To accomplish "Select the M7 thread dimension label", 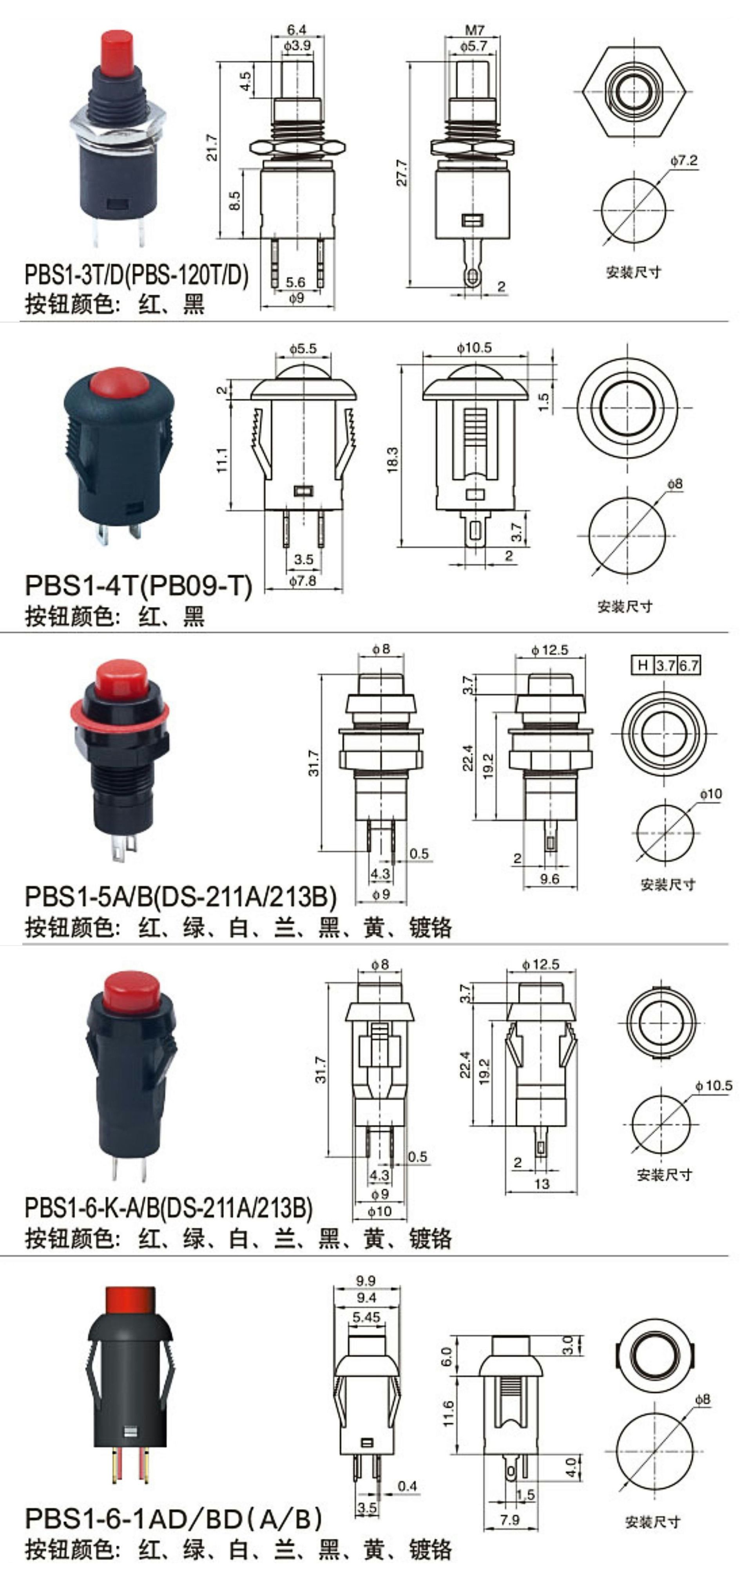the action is (x=475, y=29).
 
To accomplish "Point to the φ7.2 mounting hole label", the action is (x=684, y=161).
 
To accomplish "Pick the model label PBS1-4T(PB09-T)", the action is (x=138, y=585).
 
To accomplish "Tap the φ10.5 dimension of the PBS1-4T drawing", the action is (x=474, y=348).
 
